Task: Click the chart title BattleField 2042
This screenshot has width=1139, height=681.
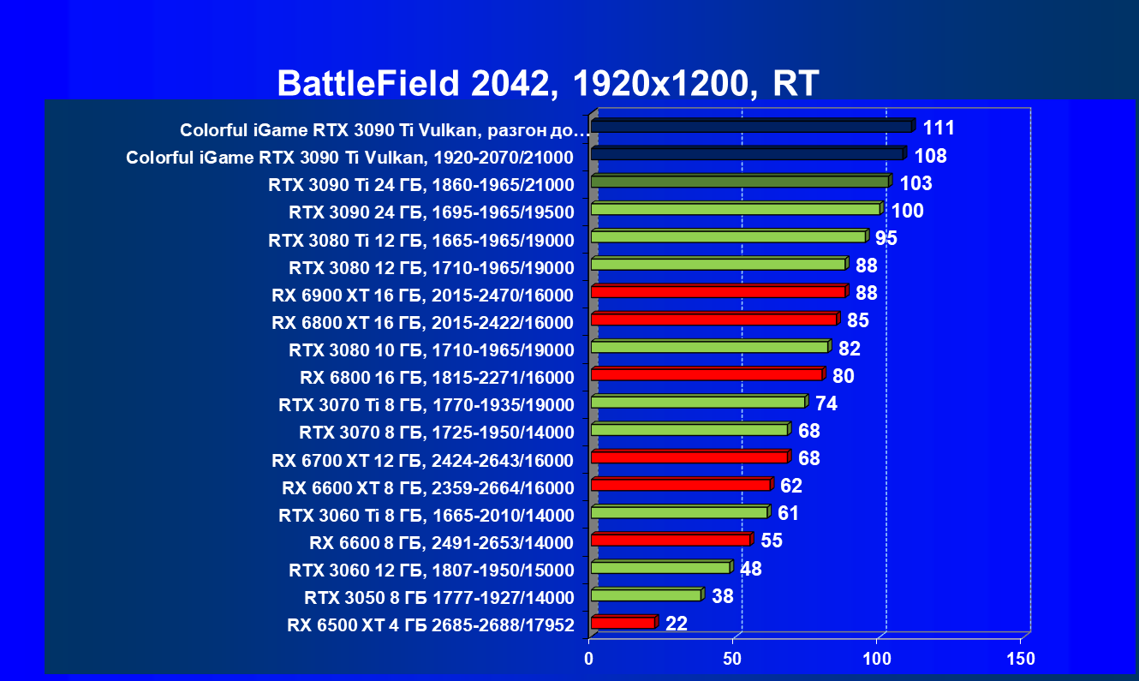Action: tap(548, 83)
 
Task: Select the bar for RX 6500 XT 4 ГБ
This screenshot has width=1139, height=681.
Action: tap(623, 623)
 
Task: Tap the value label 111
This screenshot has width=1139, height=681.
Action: tap(939, 128)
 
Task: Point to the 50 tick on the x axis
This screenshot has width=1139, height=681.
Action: tap(733, 659)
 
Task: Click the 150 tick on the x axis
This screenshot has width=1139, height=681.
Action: tap(1021, 659)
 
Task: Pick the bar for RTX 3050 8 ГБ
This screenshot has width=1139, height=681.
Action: tap(646, 595)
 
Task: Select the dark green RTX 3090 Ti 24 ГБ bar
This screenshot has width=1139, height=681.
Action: tap(740, 182)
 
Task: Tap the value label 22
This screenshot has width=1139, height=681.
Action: tap(677, 624)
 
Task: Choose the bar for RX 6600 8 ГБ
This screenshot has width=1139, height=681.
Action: tap(671, 540)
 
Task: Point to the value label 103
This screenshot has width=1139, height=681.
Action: tap(915, 183)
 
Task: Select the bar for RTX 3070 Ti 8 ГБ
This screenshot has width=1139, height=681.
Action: tap(698, 402)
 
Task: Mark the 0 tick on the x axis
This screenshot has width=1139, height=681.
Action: tap(589, 659)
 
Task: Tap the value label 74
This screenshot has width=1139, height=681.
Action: tap(826, 403)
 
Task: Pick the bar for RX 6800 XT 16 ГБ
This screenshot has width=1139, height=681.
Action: tap(713, 320)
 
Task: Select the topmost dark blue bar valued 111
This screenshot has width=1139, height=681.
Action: tap(751, 127)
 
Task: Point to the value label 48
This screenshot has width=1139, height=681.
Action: tap(750, 569)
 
